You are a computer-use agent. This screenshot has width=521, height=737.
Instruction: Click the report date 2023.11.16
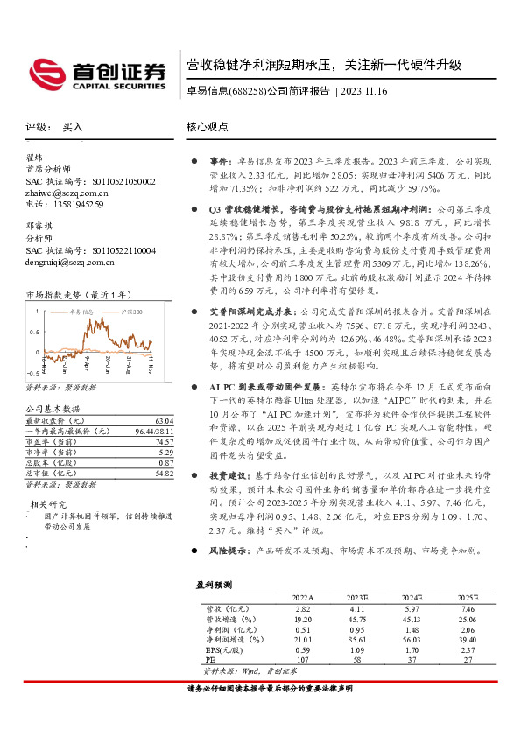click(x=363, y=91)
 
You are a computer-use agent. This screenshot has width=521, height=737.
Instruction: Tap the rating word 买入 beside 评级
click(x=73, y=127)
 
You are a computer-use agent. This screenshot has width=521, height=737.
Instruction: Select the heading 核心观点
click(x=207, y=127)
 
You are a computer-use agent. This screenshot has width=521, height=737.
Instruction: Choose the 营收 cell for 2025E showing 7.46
click(x=467, y=607)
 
